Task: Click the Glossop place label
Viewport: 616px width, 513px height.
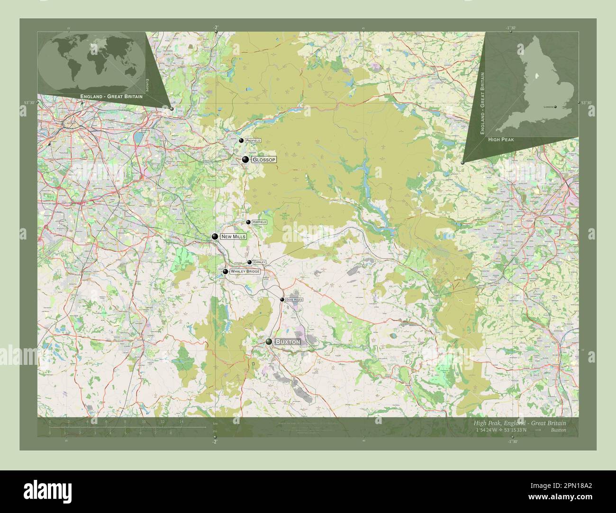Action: click(263, 160)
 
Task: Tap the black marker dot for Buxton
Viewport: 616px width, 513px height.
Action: click(269, 342)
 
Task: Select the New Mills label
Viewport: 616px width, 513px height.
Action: click(233, 236)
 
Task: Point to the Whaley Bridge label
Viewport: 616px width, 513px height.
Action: click(245, 272)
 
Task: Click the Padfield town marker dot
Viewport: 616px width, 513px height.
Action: click(241, 141)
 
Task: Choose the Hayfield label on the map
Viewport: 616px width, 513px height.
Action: click(259, 222)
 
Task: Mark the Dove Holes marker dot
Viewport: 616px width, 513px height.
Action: click(282, 300)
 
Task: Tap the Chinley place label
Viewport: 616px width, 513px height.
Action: click(259, 262)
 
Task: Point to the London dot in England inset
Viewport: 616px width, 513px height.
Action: click(555, 107)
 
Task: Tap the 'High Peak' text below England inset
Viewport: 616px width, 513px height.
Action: click(498, 140)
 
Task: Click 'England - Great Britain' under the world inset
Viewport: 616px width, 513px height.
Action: click(111, 97)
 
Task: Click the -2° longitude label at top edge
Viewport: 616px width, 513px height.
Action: click(215, 27)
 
